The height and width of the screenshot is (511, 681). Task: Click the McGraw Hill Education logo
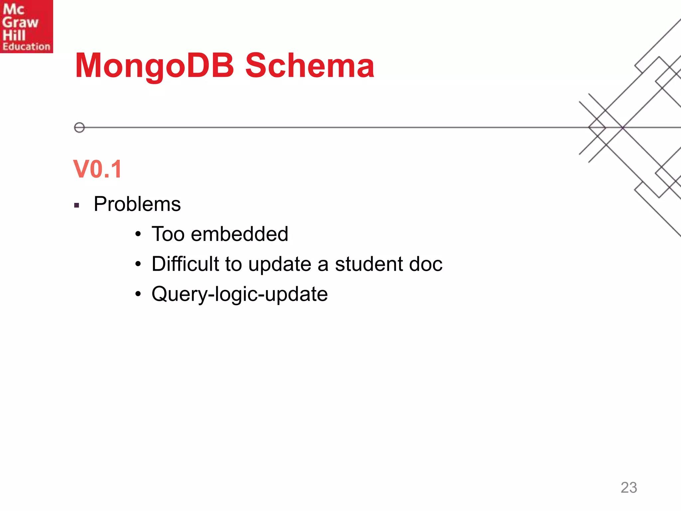[26, 26]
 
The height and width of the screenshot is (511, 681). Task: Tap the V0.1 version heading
[97, 169]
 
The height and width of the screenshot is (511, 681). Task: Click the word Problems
[137, 204]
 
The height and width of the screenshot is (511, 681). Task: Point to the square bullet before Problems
[77, 206]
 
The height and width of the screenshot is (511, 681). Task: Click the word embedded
[239, 234]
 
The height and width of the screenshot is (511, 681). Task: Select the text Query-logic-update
[239, 294]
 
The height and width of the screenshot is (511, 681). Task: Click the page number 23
[628, 488]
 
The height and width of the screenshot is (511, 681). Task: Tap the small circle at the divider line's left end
[79, 127]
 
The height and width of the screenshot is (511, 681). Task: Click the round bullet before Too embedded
[138, 234]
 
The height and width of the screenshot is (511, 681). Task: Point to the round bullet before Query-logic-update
[138, 294]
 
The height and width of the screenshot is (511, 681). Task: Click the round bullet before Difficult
[138, 264]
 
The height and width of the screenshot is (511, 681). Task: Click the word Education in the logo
[26, 47]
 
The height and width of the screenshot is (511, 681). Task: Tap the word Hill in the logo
[14, 35]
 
